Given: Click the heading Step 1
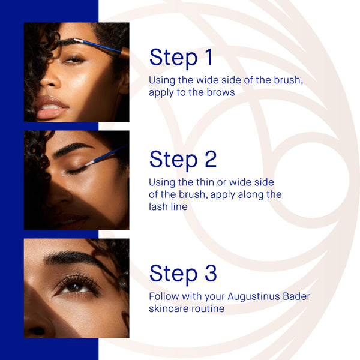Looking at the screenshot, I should (181, 58).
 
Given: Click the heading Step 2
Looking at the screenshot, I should (183, 160).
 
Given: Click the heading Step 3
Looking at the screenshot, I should (183, 273).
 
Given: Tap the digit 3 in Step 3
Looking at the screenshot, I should (208, 273).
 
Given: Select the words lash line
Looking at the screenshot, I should (168, 206).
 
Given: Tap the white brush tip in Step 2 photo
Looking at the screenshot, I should (89, 163).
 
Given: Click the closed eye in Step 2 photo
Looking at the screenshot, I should (76, 170).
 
